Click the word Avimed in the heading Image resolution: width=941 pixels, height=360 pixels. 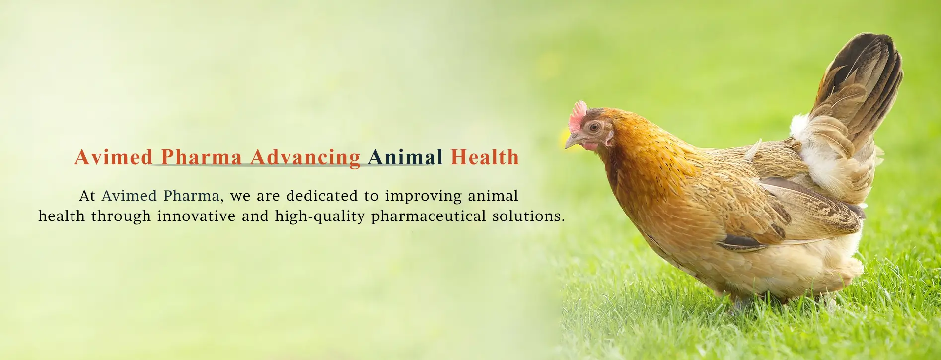114,157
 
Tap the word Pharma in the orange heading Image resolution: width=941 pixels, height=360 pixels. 202,157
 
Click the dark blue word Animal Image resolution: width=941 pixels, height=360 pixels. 406,157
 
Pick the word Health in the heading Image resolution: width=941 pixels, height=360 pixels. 485,157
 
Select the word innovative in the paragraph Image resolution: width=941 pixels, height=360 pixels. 197,216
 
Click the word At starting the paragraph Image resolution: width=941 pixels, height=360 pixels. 87,196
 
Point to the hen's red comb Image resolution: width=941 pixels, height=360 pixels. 578,115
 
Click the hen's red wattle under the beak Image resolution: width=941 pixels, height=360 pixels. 590,146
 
